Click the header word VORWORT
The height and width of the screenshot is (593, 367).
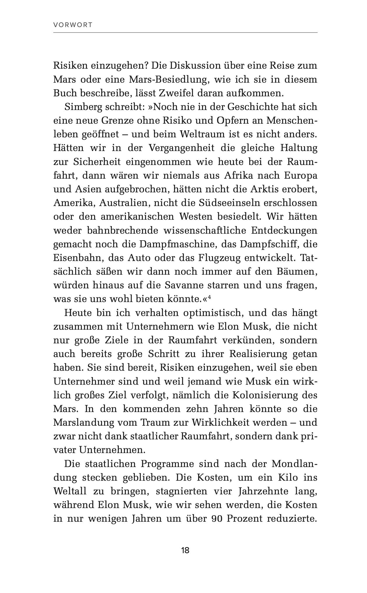click(73, 25)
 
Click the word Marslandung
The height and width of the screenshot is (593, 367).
click(84, 423)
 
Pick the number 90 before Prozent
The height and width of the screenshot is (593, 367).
click(216, 519)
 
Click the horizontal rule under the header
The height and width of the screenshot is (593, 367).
click(185, 32)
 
